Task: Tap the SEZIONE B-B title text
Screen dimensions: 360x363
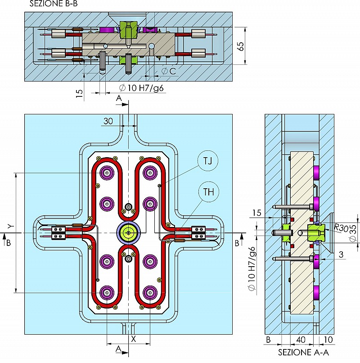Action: [54, 4]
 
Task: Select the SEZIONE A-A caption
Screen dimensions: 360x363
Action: [303, 352]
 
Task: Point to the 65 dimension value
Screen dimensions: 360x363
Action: [241, 46]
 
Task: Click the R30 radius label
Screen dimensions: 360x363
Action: [341, 228]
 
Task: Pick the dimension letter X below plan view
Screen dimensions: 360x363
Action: [134, 339]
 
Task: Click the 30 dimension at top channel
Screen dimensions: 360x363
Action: [108, 121]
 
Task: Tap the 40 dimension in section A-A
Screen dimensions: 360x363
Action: [301, 340]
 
